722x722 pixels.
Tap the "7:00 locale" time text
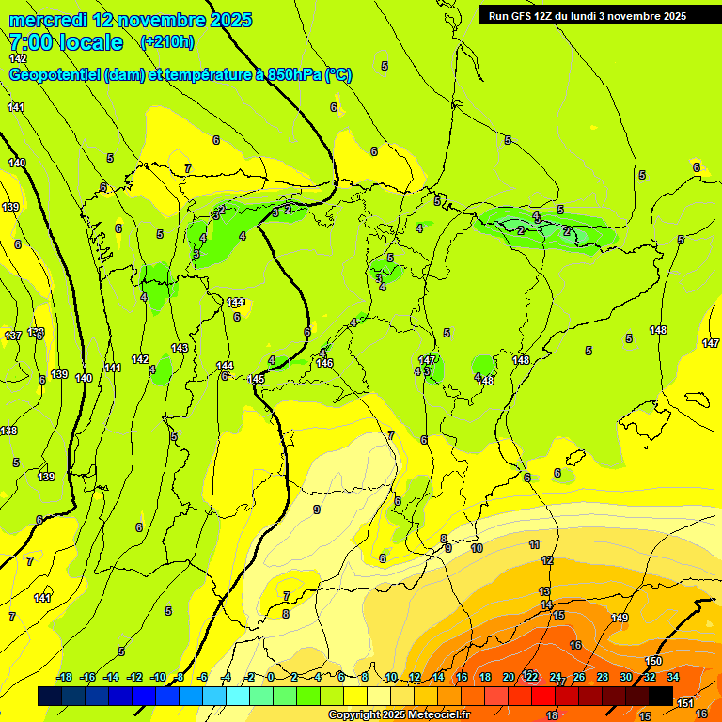pos(66,42)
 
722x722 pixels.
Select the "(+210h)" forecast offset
pos(166,41)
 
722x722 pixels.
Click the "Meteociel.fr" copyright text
pos(432,715)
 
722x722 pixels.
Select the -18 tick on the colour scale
pos(64,678)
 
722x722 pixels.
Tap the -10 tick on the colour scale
pos(159,678)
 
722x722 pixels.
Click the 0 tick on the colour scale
pos(271,678)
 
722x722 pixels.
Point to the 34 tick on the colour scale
pos(673,678)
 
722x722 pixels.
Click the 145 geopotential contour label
pos(257,379)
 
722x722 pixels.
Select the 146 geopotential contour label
pos(324,363)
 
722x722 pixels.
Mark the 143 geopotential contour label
pos(180,348)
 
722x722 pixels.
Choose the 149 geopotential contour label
pos(620,618)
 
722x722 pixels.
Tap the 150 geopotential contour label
pos(653,662)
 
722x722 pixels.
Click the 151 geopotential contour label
pos(685,703)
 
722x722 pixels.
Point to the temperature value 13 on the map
pos(544,591)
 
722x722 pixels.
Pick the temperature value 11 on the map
pos(534,544)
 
